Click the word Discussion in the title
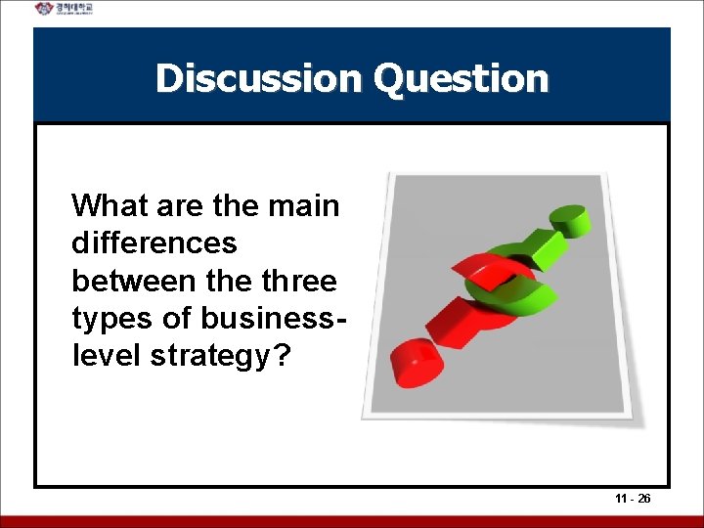tap(259, 78)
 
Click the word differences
tap(154, 243)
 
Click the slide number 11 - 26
tap(634, 499)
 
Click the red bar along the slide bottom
tap(352, 521)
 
